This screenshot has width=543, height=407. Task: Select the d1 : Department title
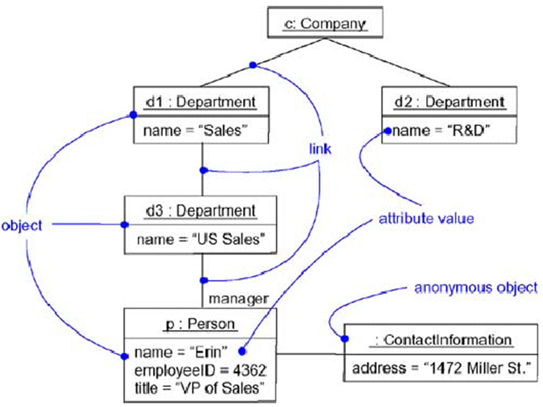pos(200,102)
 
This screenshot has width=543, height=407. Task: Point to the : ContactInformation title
pos(442,339)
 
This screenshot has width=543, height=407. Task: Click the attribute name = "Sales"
pos(196,130)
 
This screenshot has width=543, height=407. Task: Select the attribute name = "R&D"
pos(439,130)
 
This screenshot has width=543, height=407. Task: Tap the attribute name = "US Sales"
pos(204,240)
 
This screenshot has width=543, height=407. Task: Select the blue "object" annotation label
pos(23,225)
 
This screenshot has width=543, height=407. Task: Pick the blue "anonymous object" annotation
pos(476,287)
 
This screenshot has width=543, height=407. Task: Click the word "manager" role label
pos(238,298)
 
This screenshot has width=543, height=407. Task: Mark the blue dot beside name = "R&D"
pos(387,131)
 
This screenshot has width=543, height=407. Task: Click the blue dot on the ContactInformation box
pos(343,338)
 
